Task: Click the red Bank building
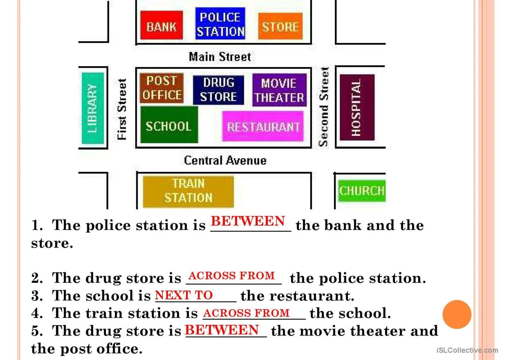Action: (x=161, y=25)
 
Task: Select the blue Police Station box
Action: (x=220, y=24)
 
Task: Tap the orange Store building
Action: (x=280, y=26)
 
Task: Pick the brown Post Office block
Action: (x=161, y=88)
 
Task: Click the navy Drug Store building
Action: (x=218, y=90)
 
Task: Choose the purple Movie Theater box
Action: (x=279, y=90)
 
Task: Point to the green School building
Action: (x=169, y=125)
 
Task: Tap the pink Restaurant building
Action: (x=263, y=126)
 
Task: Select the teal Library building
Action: (x=93, y=108)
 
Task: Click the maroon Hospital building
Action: (x=357, y=107)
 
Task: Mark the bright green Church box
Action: (x=361, y=191)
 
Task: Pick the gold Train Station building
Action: (x=188, y=191)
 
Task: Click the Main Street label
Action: (x=220, y=57)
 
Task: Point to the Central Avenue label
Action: (x=225, y=161)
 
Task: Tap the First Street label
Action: (x=122, y=109)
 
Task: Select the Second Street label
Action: (x=324, y=107)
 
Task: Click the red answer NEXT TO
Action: (x=184, y=295)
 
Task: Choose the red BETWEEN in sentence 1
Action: (x=248, y=221)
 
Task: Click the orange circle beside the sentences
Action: (x=457, y=314)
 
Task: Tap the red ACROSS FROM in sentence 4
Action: (x=246, y=313)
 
